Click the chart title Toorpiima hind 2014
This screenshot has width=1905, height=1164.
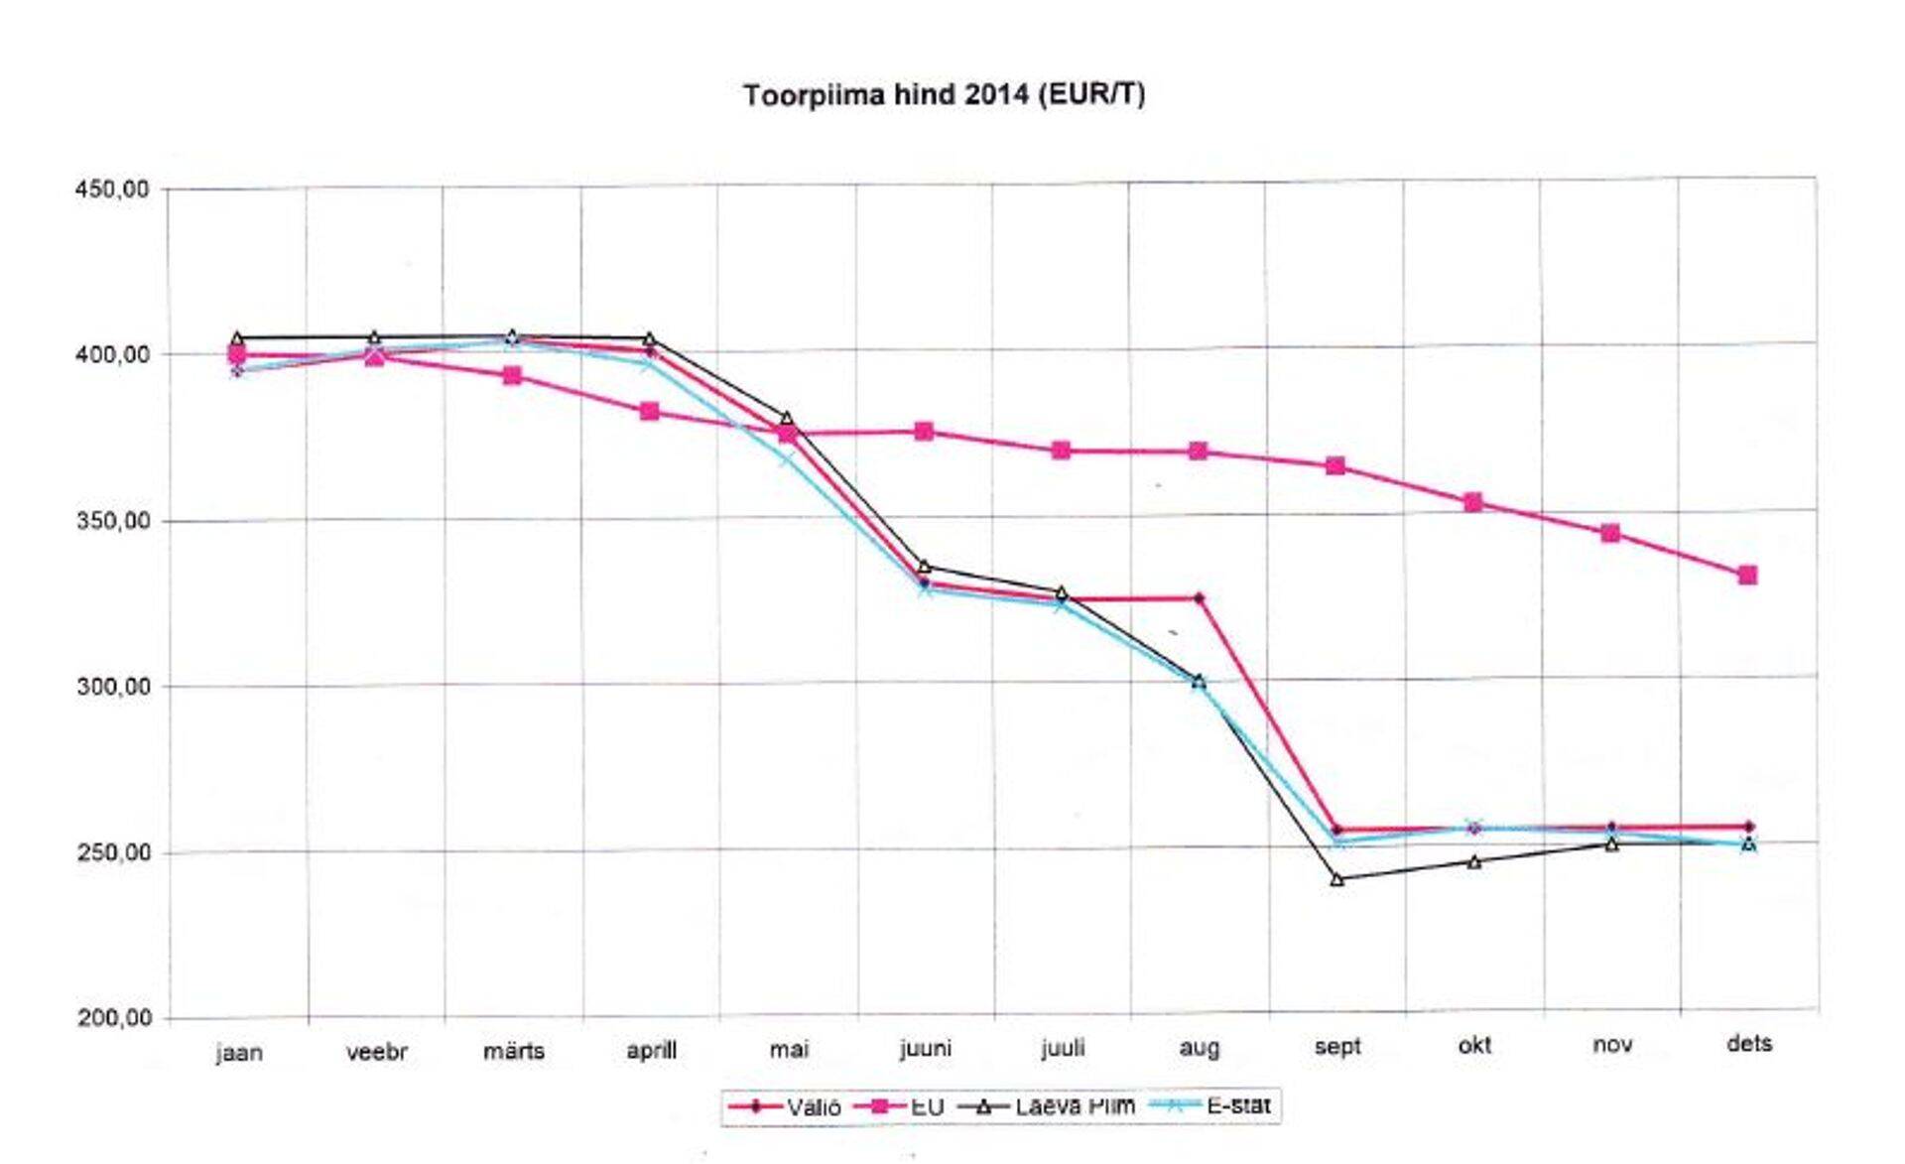[x=944, y=95]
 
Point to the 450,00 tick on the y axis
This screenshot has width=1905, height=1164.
[x=112, y=189]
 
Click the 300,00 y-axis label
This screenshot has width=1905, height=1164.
[x=112, y=687]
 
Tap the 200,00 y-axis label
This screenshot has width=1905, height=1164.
[x=112, y=1018]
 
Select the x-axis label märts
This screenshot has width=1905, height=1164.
[x=513, y=1050]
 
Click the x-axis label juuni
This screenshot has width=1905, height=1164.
[x=925, y=1048]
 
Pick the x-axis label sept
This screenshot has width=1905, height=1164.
[x=1336, y=1046]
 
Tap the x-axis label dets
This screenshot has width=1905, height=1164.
[x=1748, y=1043]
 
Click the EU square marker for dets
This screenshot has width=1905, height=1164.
[x=1747, y=576]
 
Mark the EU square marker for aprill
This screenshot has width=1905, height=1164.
[x=649, y=412]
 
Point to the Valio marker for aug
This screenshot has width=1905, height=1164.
[x=1199, y=598]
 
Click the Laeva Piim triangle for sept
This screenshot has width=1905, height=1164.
[x=1336, y=879]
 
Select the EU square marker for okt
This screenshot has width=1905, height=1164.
[x=1473, y=503]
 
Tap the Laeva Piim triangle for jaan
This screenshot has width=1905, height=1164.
[x=237, y=338]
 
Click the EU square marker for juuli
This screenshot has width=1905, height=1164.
[x=1061, y=451]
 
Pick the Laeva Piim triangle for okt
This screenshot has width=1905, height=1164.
[x=1473, y=862]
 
